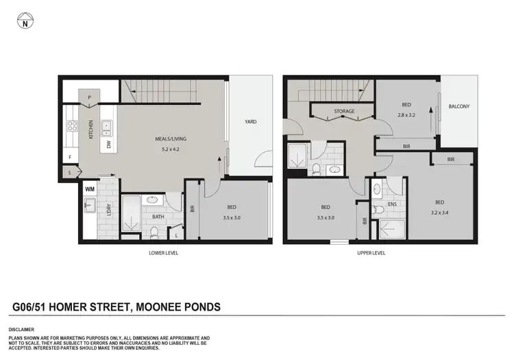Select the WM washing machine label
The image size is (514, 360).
(x=89, y=188)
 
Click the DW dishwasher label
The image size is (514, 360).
(x=108, y=145)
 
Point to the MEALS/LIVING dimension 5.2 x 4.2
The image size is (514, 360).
(x=171, y=149)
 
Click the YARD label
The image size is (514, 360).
(x=251, y=121)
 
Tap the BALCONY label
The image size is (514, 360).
(x=458, y=106)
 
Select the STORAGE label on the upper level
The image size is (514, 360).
(x=344, y=110)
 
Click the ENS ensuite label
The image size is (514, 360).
(x=393, y=204)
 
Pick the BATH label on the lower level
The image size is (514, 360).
(x=158, y=217)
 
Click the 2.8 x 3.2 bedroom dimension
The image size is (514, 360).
(x=406, y=115)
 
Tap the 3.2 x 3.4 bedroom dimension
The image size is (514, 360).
(x=439, y=212)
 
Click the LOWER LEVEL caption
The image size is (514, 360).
(x=164, y=252)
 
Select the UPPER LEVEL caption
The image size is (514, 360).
(x=371, y=252)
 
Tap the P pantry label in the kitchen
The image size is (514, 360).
(x=89, y=98)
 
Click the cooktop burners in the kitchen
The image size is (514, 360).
(x=71, y=125)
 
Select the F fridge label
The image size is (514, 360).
(x=70, y=157)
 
